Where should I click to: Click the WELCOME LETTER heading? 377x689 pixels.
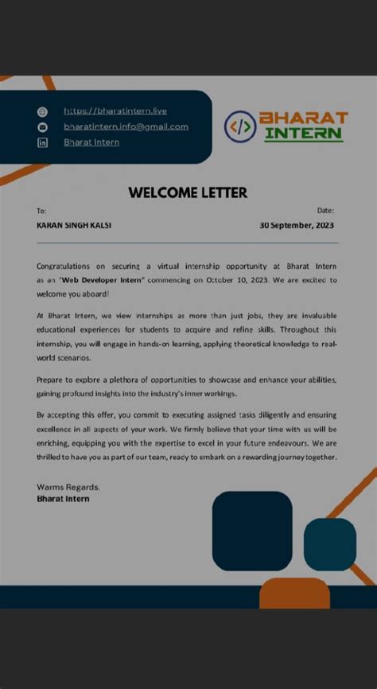(188, 193)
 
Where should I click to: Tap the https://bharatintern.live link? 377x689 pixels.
(115, 111)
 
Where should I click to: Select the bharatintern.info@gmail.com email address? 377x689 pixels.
(126, 127)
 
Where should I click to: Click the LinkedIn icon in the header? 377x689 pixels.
(44, 142)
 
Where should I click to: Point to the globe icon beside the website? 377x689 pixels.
(44, 111)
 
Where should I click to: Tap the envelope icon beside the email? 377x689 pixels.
(44, 127)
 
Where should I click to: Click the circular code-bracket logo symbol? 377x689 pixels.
(240, 126)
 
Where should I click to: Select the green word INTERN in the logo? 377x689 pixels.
(303, 134)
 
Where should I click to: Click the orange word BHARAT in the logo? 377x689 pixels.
(305, 118)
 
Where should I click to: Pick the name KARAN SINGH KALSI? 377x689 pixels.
(74, 225)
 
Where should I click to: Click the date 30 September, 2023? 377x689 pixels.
(297, 225)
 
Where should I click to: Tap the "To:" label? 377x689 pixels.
(41, 211)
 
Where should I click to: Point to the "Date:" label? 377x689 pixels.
(325, 211)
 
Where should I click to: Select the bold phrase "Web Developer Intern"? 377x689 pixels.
(99, 280)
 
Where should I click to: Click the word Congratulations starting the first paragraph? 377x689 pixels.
(64, 266)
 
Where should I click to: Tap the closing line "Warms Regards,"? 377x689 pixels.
(68, 486)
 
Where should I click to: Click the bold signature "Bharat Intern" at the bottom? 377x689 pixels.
(63, 499)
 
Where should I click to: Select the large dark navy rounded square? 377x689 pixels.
(252, 531)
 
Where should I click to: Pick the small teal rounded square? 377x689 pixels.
(329, 544)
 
